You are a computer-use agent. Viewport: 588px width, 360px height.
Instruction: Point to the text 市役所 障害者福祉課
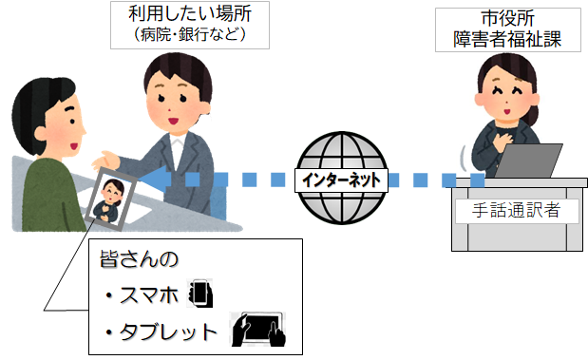[x=509, y=29]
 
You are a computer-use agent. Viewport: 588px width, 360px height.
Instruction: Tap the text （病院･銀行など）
[x=184, y=37]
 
